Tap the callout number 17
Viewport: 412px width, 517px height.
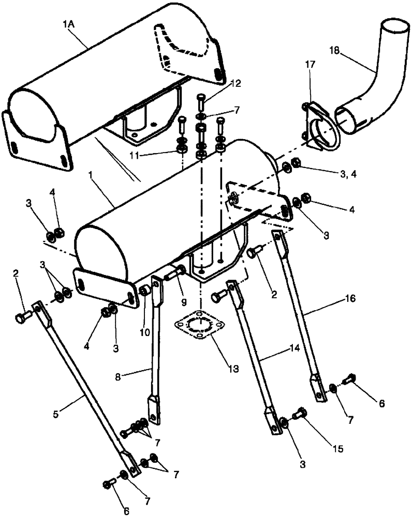[x=310, y=65]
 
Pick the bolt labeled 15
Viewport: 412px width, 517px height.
[x=300, y=413]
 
